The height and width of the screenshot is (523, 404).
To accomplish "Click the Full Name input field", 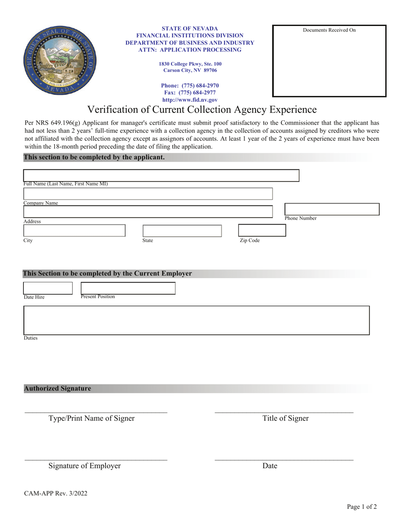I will (x=161, y=176).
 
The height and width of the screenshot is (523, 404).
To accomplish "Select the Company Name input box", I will (x=148, y=194).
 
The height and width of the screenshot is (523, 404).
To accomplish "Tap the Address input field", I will (x=148, y=212).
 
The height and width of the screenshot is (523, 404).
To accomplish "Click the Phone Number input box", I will (x=331, y=209).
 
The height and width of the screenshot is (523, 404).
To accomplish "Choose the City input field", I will (x=74, y=230).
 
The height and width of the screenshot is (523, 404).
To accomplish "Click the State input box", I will (x=182, y=231).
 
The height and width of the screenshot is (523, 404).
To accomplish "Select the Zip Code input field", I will (x=262, y=230).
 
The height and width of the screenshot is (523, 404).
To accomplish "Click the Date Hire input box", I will (x=48, y=288).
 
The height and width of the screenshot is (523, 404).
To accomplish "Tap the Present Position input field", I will (x=128, y=288).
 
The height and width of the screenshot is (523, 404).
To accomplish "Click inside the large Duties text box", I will (x=196, y=320).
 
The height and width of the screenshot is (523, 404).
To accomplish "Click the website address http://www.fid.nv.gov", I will (x=190, y=100).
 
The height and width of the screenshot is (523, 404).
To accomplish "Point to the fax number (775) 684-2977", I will (x=190, y=93).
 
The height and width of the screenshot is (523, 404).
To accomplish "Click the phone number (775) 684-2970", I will (x=190, y=85).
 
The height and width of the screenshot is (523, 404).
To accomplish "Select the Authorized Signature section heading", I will (x=57, y=389).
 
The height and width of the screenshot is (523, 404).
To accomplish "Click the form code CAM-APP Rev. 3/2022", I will (x=56, y=494).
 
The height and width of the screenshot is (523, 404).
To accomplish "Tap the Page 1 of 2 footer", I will (x=361, y=506).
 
